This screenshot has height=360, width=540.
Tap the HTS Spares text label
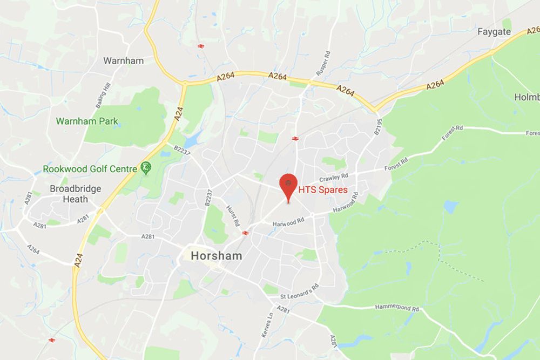(x=323, y=190)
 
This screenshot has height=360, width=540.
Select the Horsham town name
(x=215, y=255)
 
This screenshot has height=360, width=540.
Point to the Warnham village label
(x=124, y=60)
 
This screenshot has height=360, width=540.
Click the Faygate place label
(x=494, y=32)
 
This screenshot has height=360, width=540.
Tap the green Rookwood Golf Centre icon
(x=145, y=168)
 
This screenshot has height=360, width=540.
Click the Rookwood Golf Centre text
(x=90, y=169)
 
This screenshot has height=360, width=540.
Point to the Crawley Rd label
(x=334, y=177)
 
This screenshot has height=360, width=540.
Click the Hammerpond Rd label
(x=397, y=308)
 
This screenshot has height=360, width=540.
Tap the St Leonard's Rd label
(x=300, y=291)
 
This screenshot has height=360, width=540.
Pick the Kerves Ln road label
(x=266, y=325)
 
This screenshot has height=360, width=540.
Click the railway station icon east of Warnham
(x=201, y=46)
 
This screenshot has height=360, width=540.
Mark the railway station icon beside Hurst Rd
(x=246, y=233)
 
